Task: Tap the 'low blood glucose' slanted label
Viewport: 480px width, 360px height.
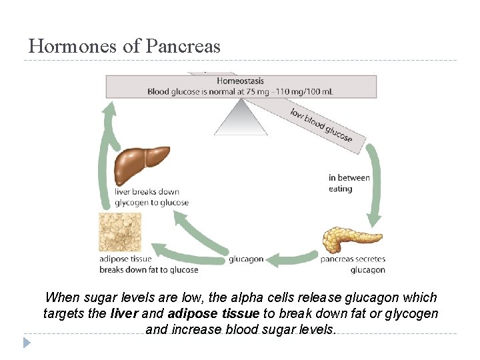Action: pos(321,124)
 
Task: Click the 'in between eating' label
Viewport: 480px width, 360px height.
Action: pos(349,183)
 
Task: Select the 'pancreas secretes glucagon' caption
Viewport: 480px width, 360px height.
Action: pos(353,264)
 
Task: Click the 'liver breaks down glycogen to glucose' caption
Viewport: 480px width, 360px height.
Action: pos(151,197)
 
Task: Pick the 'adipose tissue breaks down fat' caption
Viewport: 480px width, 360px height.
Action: pos(149,264)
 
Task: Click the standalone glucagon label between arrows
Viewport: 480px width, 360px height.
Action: pos(246,259)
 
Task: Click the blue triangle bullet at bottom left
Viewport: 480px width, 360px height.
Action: pos(27,343)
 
